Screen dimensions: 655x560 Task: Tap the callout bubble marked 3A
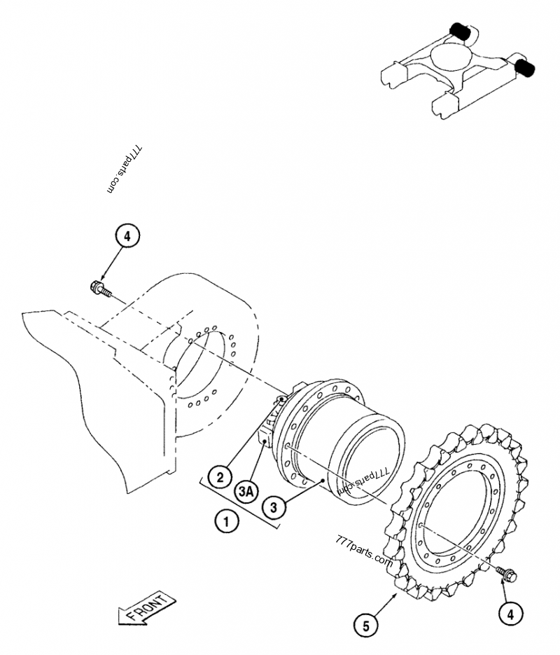coord(245,492)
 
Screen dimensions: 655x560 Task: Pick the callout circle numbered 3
coord(273,506)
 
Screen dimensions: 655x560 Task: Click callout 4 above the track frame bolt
coord(127,237)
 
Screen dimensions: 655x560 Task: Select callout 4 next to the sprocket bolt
coord(510,614)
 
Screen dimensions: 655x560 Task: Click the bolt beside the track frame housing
coord(99,287)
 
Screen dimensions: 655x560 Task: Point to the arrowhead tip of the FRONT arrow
coord(120,619)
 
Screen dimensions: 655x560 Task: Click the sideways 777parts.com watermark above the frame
coord(125,170)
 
